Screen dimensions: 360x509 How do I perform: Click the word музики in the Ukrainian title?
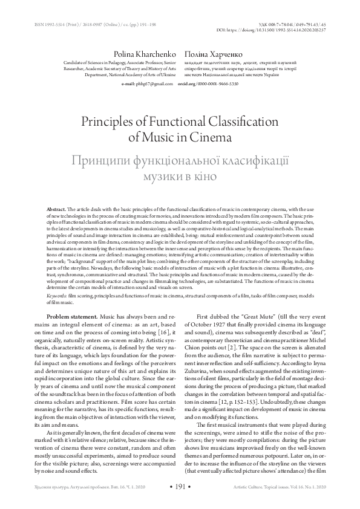[163, 176]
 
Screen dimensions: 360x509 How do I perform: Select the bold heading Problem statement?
[71, 317]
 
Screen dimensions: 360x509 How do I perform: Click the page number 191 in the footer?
[180, 485]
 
